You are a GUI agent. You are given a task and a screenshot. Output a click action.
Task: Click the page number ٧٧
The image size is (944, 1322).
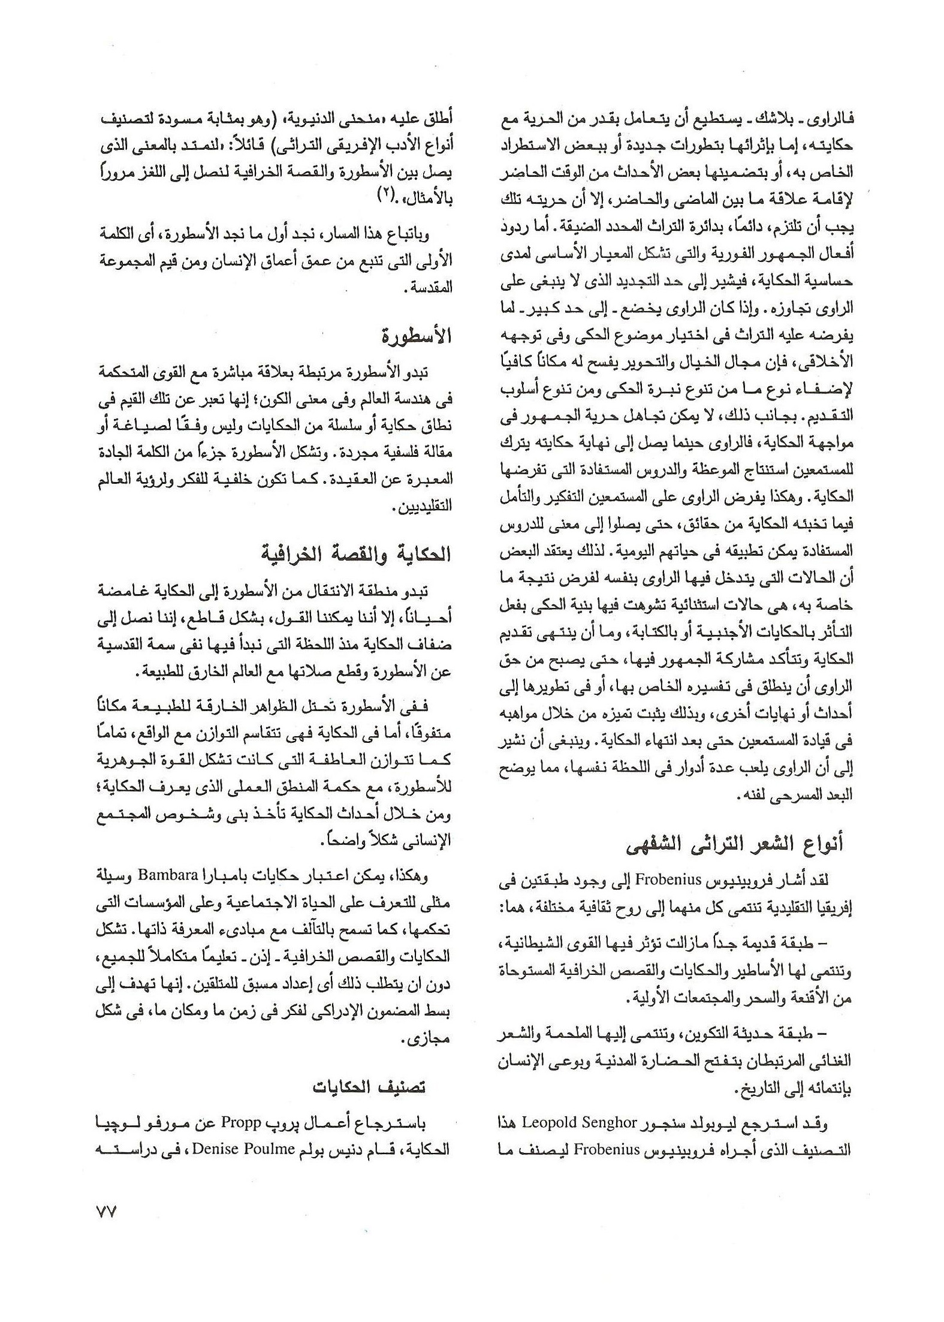[105, 1212]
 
